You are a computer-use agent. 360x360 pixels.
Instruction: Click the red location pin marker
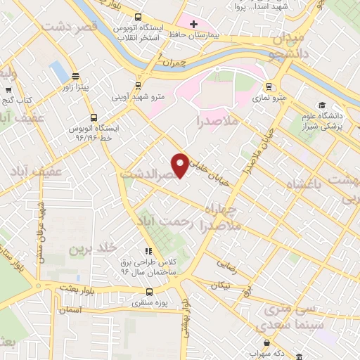tap(181, 164)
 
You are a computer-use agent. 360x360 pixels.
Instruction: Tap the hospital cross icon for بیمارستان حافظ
tap(193, 24)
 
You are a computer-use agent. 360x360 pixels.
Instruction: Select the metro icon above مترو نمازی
tap(268, 87)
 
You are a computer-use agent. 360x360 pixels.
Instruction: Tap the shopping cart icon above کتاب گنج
tap(8, 91)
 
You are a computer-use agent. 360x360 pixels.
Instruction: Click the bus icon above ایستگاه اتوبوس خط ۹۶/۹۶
tap(94, 118)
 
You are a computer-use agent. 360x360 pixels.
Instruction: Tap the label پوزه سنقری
tap(148, 303)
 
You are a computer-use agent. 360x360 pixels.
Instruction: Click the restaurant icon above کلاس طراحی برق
tap(148, 251)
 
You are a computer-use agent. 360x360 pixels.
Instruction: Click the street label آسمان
tap(70, 309)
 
